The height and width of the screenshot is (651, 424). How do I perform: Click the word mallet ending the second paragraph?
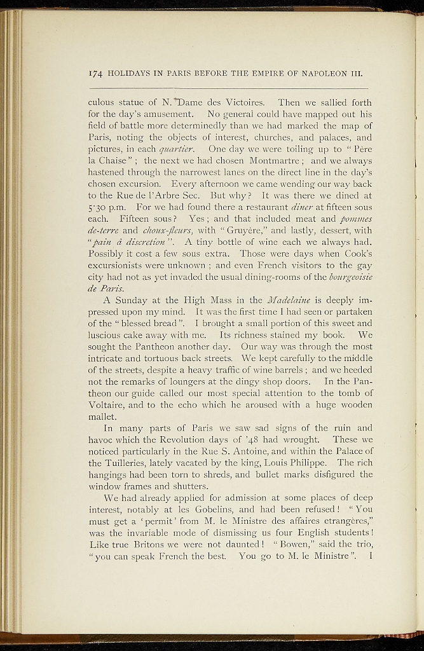pyautogui.click(x=101, y=417)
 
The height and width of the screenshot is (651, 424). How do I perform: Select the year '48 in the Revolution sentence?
pyautogui.click(x=276, y=439)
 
